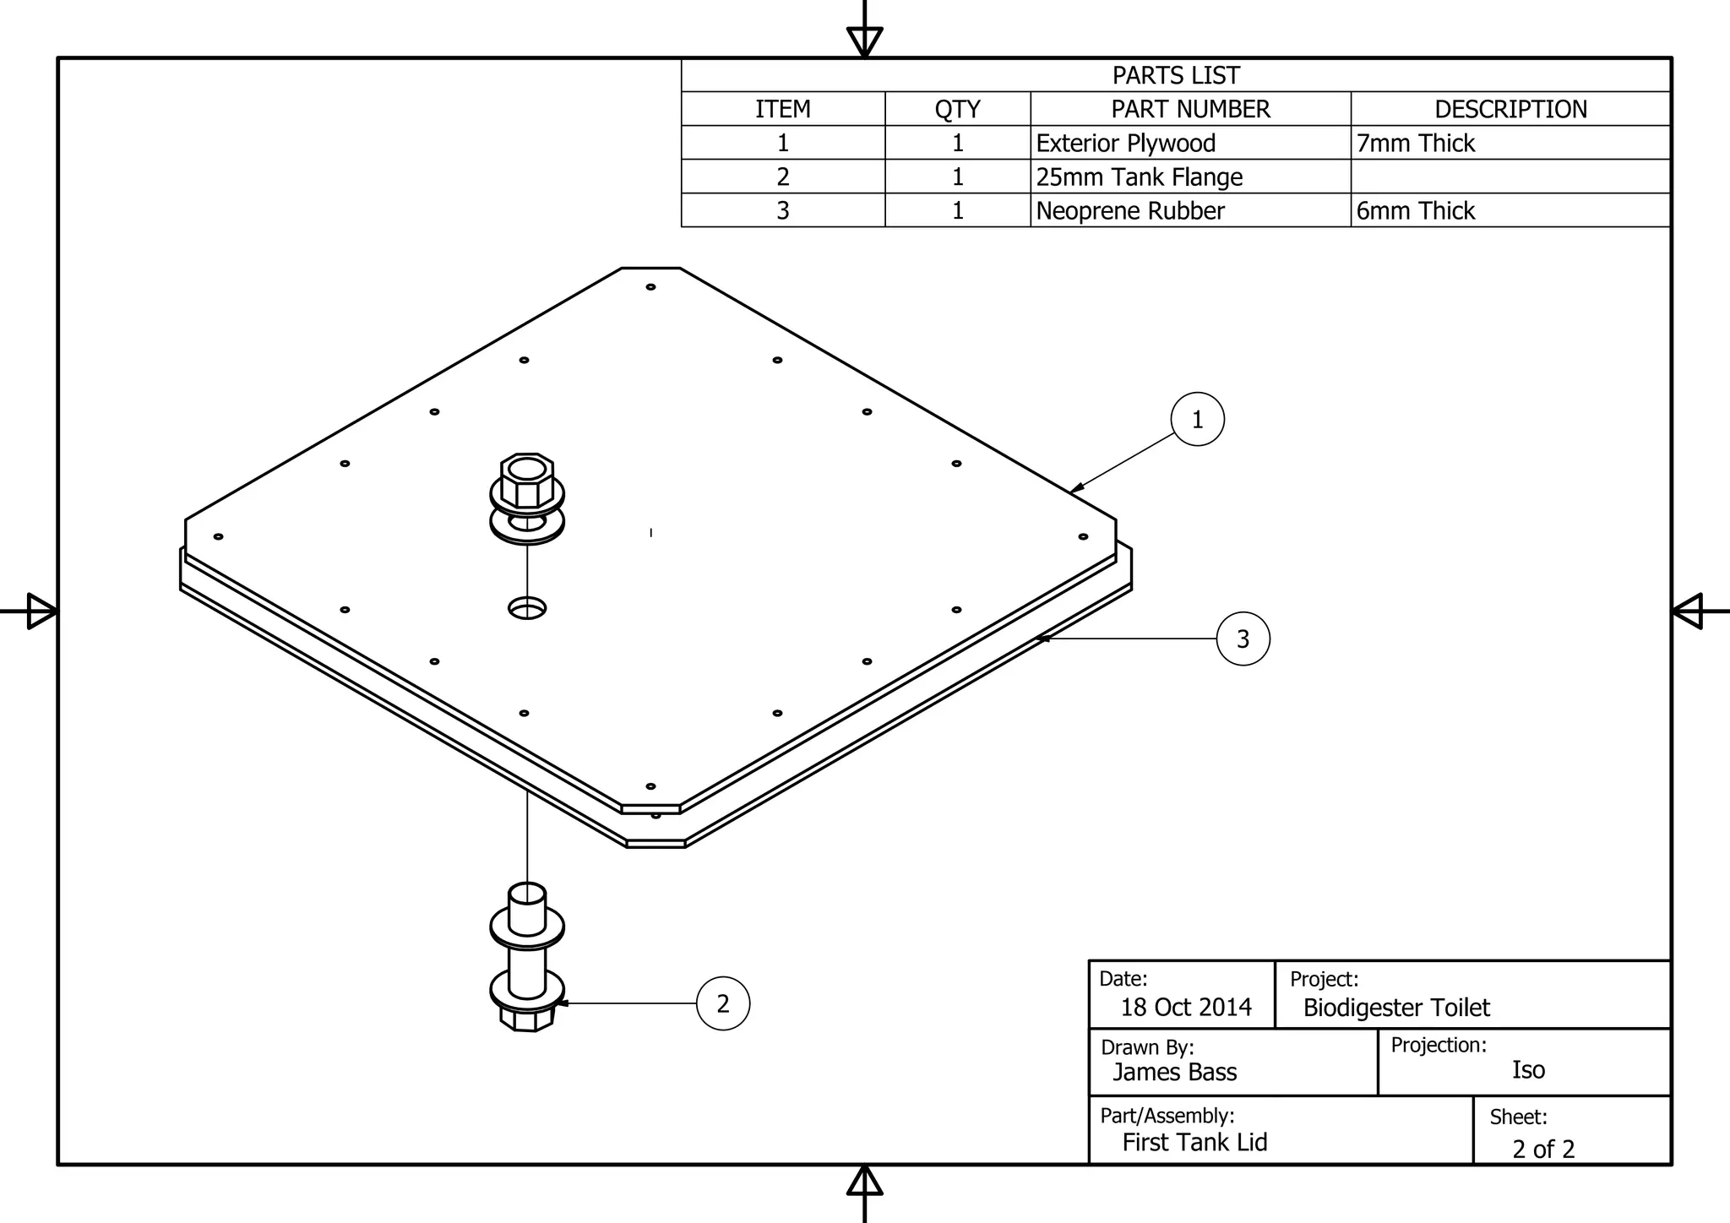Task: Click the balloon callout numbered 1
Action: [x=1197, y=420]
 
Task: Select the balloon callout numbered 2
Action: [x=723, y=1003]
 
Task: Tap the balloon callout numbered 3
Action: [x=1243, y=639]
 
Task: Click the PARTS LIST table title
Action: [x=1175, y=75]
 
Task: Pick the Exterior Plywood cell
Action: [x=1126, y=144]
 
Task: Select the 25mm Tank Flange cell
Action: [x=1140, y=177]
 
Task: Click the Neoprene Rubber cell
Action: [x=1130, y=211]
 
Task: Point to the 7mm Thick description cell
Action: [x=1416, y=144]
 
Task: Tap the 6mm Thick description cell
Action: [x=1416, y=211]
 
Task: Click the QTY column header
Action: [x=957, y=109]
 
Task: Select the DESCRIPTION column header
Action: [x=1510, y=109]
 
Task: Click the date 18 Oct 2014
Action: [x=1186, y=1008]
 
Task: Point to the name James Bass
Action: [x=1174, y=1073]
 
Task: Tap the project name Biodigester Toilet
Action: [x=1396, y=1008]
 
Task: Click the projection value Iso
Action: [x=1528, y=1070]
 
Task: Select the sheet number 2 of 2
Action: [x=1543, y=1150]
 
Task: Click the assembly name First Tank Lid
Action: [x=1194, y=1143]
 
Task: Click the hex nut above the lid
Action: [x=527, y=482]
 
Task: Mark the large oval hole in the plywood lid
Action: [x=527, y=608]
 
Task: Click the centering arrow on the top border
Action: [x=864, y=40]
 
